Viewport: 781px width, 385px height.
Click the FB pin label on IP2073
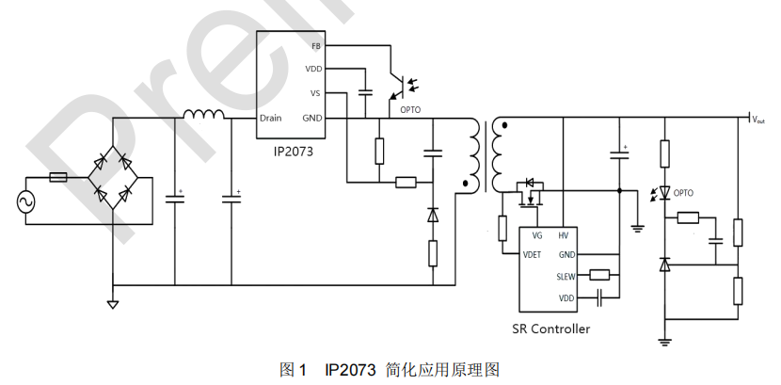point(315,45)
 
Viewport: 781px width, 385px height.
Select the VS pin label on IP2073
point(315,93)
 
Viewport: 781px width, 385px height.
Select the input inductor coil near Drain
point(204,115)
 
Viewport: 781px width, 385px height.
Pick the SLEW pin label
point(566,276)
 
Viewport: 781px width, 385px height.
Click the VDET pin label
point(532,254)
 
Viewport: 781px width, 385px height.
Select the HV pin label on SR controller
point(563,236)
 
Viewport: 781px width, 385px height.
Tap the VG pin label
point(536,236)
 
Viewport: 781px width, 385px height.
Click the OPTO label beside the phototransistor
point(410,109)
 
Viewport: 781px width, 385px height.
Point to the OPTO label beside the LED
point(683,193)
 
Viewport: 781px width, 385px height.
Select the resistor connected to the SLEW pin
point(599,276)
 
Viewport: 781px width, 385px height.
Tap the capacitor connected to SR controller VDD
point(599,297)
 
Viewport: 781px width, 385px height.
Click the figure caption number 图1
point(294,368)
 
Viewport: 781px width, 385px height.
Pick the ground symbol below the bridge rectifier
point(112,303)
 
